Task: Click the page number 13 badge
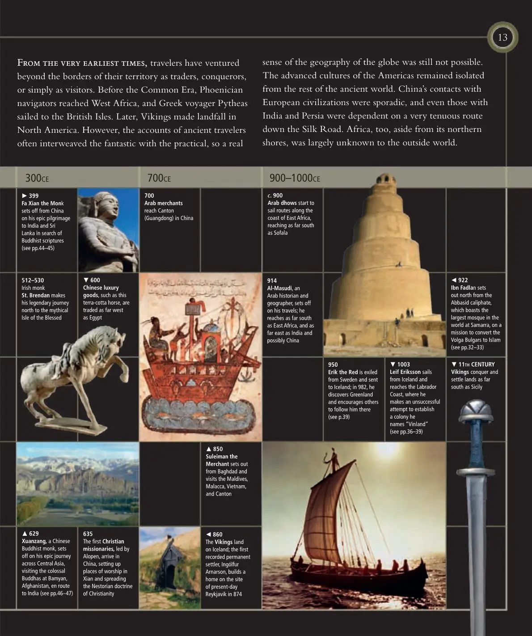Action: click(x=502, y=38)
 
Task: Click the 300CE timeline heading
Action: click(x=37, y=178)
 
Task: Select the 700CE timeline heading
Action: click(x=159, y=178)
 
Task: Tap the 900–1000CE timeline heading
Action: click(x=294, y=178)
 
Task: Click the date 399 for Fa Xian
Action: click(x=34, y=195)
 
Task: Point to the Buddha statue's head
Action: click(x=107, y=204)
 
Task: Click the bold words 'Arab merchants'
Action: click(x=163, y=203)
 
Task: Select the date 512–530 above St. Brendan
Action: click(x=33, y=280)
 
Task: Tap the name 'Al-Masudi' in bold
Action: click(x=279, y=288)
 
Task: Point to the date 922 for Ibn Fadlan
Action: click(x=463, y=280)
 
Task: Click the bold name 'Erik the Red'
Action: click(x=343, y=372)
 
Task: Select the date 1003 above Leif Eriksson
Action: click(x=403, y=365)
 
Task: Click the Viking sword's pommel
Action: click(x=476, y=409)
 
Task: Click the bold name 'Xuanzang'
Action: click(x=34, y=541)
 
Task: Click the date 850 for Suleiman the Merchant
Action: click(x=218, y=449)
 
